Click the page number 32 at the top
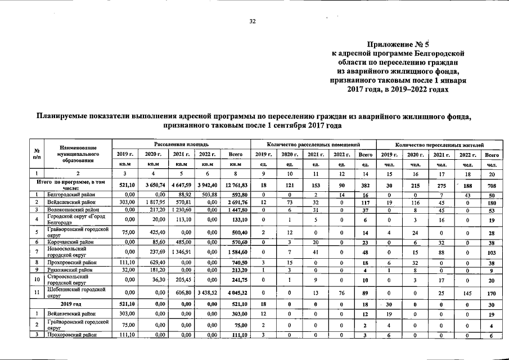[253, 21]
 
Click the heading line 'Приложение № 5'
[398, 44]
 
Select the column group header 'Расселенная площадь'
[181, 145]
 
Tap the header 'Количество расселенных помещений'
[313, 145]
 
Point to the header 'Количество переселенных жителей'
[439, 145]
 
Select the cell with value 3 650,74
[153, 184]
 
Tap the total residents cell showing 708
[492, 184]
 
